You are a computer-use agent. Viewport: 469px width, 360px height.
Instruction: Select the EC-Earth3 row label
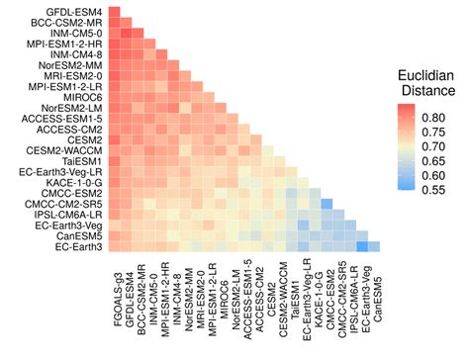point(77,246)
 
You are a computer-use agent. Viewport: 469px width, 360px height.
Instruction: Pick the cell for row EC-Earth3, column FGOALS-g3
point(116,246)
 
